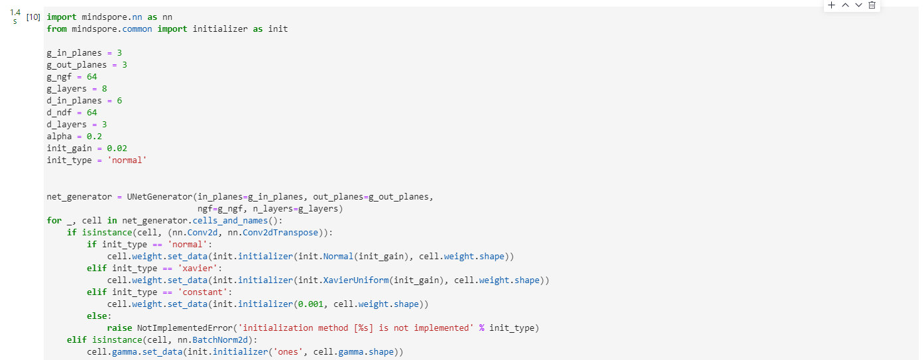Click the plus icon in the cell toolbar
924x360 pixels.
tap(832, 5)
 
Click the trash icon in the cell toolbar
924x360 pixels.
tap(872, 5)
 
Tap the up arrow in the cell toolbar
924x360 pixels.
tap(845, 5)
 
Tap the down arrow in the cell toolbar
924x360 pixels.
tap(858, 5)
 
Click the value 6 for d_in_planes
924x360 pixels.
tap(119, 101)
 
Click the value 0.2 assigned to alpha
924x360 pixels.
tap(94, 137)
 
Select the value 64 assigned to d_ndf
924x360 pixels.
tap(91, 113)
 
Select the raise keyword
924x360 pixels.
tap(119, 328)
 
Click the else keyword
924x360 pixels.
tap(97, 316)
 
